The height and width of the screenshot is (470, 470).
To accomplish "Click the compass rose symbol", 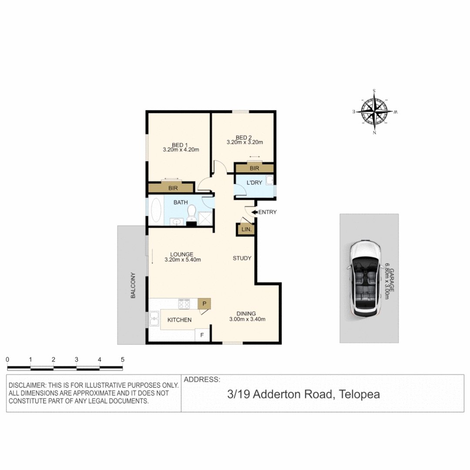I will click(x=374, y=112).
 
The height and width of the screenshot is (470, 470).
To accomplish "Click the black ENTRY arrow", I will click(x=254, y=212).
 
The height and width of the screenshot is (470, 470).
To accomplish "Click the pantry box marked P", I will click(x=204, y=303).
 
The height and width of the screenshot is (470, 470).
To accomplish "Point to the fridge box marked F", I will click(x=202, y=335).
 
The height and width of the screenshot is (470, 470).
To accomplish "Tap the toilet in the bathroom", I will click(x=191, y=213).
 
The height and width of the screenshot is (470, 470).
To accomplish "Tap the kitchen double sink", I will click(x=154, y=319).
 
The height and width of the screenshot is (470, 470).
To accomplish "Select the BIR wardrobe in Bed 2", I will click(x=255, y=168).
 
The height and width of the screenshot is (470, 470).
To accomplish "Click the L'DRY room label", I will click(x=254, y=183).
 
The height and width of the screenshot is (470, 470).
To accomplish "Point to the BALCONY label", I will click(x=133, y=285).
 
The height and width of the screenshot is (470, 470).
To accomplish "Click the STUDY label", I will click(x=242, y=258).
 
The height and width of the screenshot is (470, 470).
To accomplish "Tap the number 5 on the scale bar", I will click(x=123, y=359).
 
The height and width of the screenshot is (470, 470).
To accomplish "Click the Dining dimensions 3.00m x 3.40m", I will click(x=247, y=319).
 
